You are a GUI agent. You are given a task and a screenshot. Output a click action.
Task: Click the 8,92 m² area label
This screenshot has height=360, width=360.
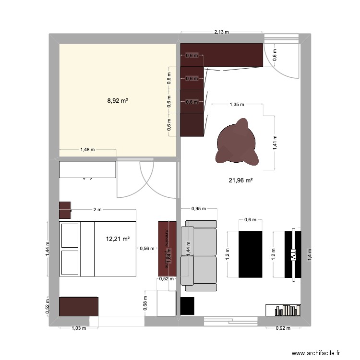[x=117, y=101]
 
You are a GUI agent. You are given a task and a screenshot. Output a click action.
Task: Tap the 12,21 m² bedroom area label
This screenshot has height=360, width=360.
[x=118, y=239]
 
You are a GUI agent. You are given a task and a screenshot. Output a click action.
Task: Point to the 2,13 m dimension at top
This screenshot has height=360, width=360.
[x=221, y=33]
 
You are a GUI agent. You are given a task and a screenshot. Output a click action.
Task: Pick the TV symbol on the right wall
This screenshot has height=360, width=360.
[x=292, y=255]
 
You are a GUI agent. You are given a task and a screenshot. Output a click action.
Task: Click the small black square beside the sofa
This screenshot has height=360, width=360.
[x=187, y=306]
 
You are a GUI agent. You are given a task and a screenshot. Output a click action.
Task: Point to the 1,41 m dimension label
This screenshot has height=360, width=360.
[x=275, y=142]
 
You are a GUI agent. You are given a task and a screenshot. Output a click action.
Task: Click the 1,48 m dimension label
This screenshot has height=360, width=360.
[x=87, y=149]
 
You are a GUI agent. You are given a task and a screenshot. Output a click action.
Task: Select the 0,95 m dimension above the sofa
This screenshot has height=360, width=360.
[x=198, y=209]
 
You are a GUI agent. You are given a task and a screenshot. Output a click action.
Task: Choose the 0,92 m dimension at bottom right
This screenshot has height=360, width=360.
[x=283, y=328]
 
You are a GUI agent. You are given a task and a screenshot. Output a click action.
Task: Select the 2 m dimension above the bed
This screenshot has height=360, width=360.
[x=97, y=209]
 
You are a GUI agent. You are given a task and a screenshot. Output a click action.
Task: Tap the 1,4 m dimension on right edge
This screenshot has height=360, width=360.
[x=310, y=254]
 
